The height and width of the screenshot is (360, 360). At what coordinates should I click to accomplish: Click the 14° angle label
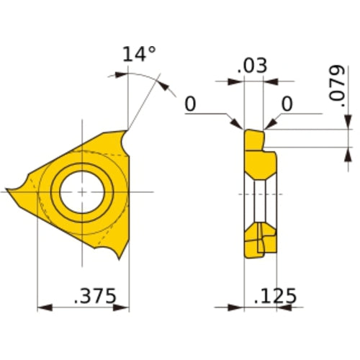[x=139, y=55]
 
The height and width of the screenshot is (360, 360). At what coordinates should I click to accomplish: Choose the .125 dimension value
[x=276, y=295]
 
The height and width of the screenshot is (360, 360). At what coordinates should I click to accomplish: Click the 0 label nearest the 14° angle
[x=190, y=104]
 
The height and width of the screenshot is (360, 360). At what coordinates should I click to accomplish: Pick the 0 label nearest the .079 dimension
[x=287, y=104]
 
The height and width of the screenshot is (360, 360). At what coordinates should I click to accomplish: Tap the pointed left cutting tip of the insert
[x=9, y=191]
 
